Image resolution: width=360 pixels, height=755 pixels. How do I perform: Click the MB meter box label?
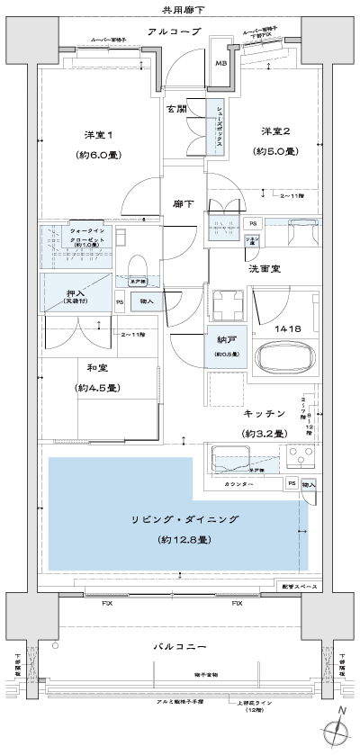220,63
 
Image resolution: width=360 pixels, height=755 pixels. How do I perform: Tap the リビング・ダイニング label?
184,521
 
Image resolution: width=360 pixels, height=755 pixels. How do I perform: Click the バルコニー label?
183,646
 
